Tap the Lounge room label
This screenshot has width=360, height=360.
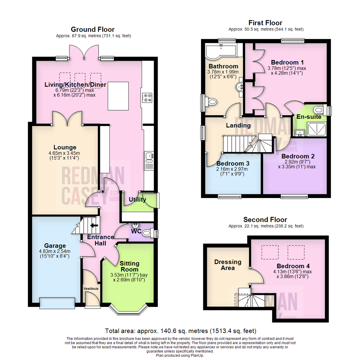tap(65, 147)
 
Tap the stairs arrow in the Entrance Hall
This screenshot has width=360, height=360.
tap(94, 225)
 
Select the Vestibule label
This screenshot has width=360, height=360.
tap(91, 288)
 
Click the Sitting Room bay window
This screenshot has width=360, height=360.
tap(128, 310)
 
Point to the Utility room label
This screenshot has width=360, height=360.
tap(137, 200)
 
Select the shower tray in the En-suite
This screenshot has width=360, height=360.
tap(316, 130)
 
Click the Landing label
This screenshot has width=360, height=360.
tap(238, 125)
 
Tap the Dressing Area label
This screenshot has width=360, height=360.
tap(228, 265)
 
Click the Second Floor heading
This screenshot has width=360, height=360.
tap(265, 220)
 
